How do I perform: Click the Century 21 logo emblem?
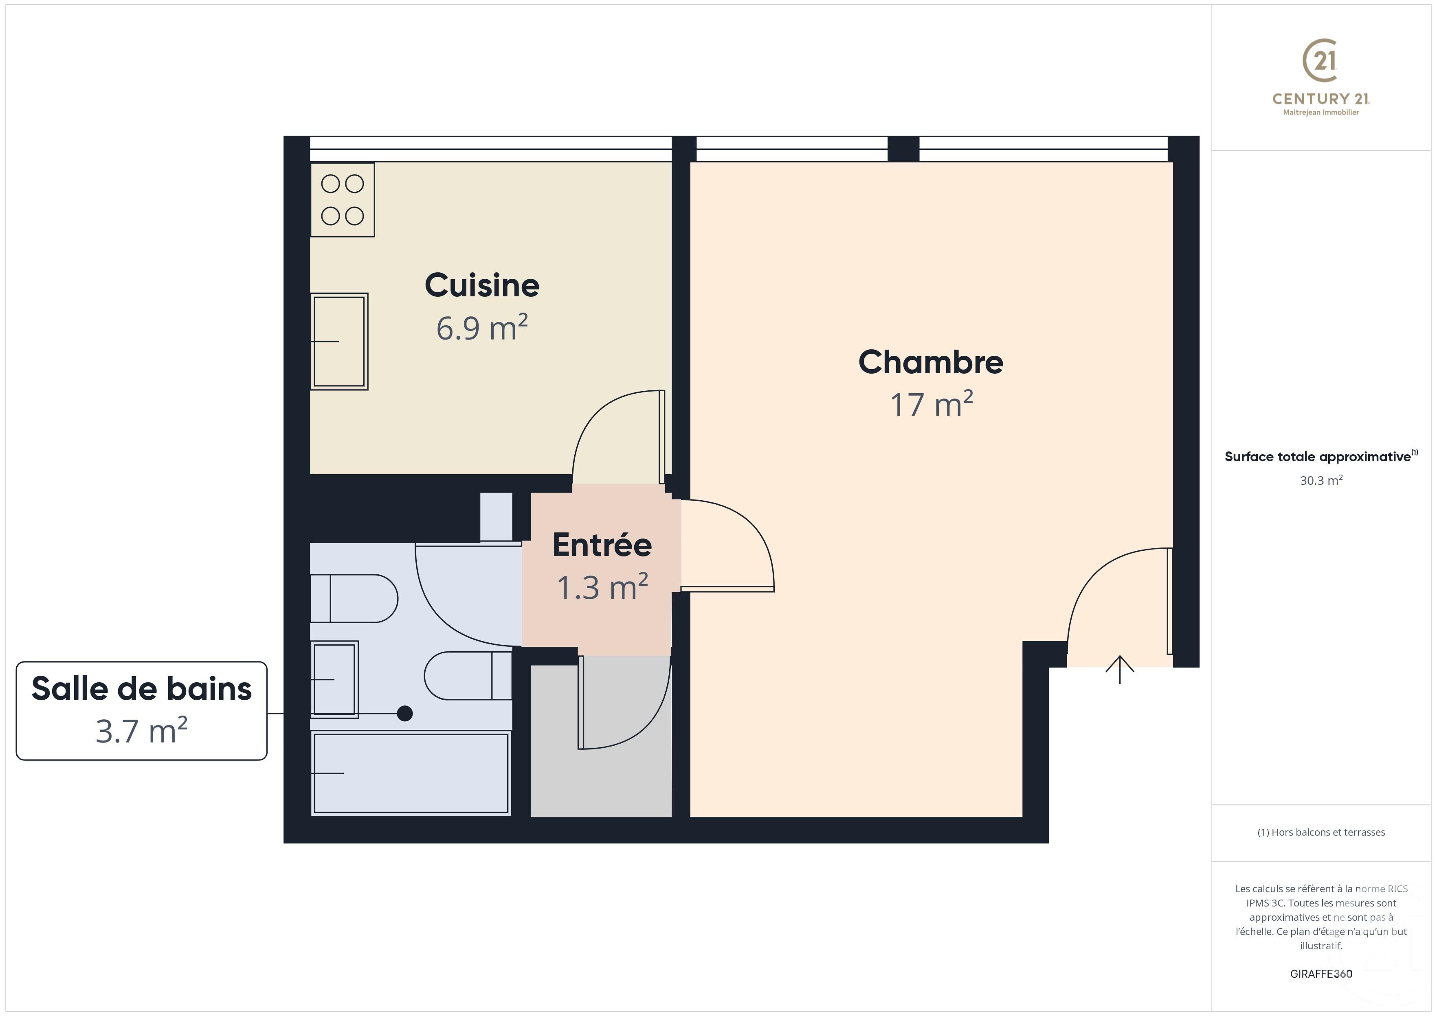coord(1321,61)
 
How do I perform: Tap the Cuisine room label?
coord(482,285)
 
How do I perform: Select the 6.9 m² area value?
coord(482,328)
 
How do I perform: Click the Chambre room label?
coord(931,362)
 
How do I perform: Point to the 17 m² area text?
coord(931,405)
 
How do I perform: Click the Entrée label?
coord(602,545)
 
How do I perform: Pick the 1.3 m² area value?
coord(602,587)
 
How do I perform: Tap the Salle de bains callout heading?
coord(141,689)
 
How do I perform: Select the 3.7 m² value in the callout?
coord(141,731)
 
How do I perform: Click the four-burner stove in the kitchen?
coord(343,199)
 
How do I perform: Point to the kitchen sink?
coord(339,342)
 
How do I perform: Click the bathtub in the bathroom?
coord(411,773)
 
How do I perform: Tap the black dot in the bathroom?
coord(405,713)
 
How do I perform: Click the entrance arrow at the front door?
coord(1120,670)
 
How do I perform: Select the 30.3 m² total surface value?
coord(1321,480)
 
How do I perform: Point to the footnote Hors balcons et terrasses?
coord(1321,832)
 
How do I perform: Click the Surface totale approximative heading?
coord(1318,457)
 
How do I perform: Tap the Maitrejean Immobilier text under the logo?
coord(1321,113)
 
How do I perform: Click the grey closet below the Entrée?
coord(601,782)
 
